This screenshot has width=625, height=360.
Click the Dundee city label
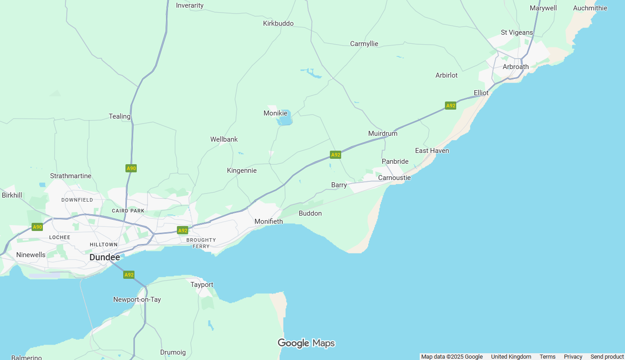(105, 257)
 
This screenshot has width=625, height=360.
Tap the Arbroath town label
(515, 67)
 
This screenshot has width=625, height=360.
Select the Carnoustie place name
(394, 178)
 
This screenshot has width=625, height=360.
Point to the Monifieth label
(269, 222)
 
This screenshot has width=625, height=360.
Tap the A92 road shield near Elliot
(450, 106)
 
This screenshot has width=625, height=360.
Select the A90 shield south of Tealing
(131, 168)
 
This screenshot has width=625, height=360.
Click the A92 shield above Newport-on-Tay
(129, 275)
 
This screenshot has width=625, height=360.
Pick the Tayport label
(202, 285)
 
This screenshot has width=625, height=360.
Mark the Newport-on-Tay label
(137, 300)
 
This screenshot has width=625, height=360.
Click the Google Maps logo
(306, 343)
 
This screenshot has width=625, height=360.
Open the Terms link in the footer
(547, 357)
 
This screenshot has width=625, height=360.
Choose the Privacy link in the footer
(573, 357)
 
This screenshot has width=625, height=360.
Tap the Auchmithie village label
(590, 8)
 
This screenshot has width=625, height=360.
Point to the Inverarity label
(190, 5)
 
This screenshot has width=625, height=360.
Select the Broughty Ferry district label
(201, 243)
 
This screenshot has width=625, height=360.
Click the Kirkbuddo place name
(278, 23)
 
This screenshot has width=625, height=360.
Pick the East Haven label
(432, 151)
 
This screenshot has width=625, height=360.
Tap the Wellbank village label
(224, 139)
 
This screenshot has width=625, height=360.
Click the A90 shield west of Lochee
(37, 227)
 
